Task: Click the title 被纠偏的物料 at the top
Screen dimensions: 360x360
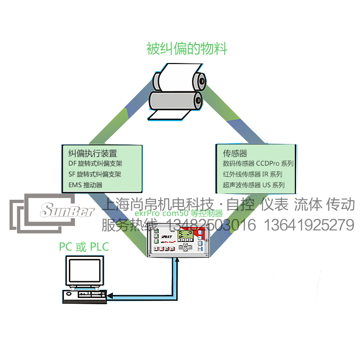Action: (x=187, y=49)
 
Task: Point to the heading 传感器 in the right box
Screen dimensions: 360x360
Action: (x=235, y=153)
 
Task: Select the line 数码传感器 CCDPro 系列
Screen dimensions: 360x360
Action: (x=258, y=164)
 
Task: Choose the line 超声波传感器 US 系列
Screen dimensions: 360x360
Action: (x=254, y=185)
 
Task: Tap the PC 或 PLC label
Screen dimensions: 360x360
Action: (x=84, y=247)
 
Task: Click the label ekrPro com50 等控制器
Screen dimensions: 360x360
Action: (x=179, y=214)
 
